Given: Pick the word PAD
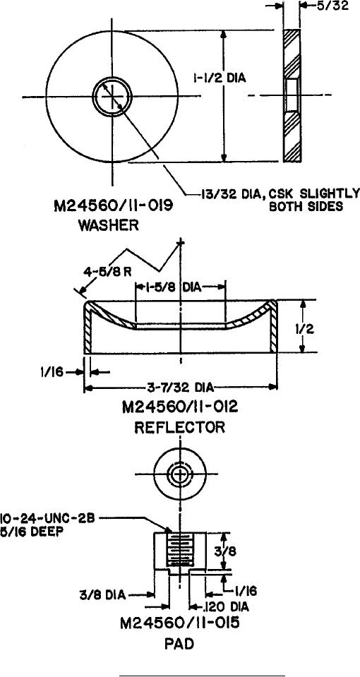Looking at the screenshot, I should [x=181, y=645].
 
